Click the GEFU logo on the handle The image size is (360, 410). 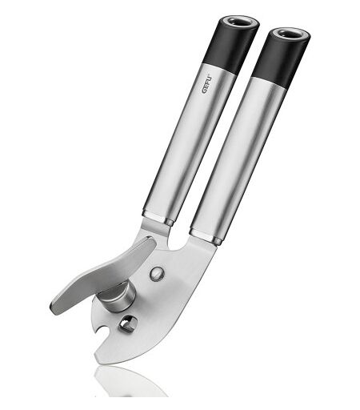pyautogui.click(x=207, y=85)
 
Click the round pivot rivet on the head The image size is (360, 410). pyautogui.click(x=157, y=273)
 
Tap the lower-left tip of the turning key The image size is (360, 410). pyautogui.click(x=53, y=309)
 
